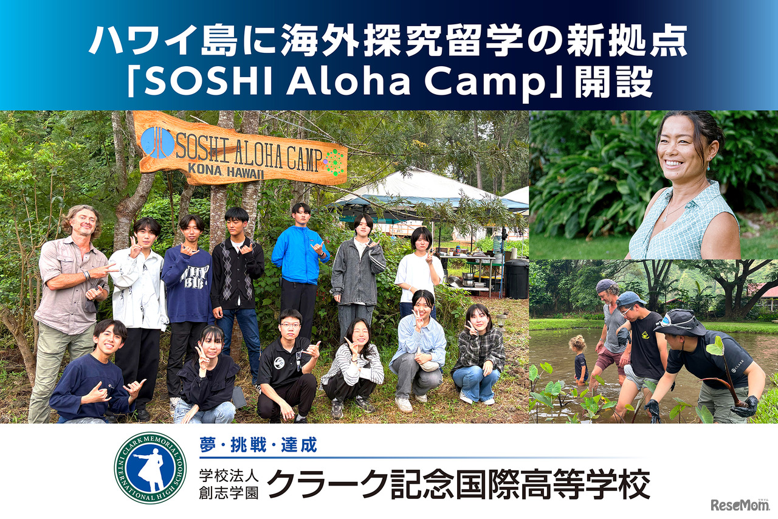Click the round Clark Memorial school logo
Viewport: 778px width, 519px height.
pyautogui.click(x=150, y=468)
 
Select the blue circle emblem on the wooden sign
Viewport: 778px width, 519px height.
pyautogui.click(x=157, y=143)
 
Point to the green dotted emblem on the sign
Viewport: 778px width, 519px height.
pyautogui.click(x=334, y=162)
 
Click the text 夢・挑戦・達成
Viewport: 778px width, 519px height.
pyautogui.click(x=258, y=445)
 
